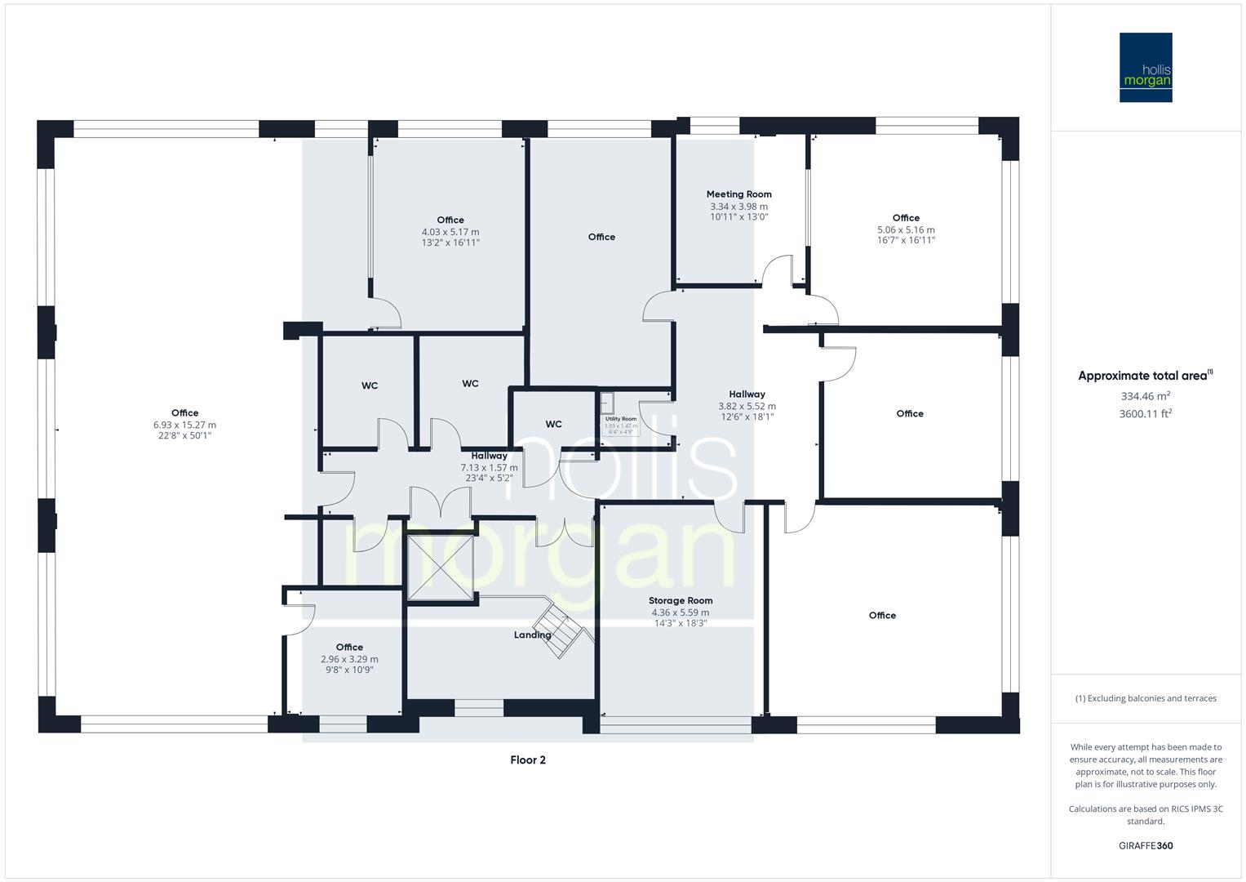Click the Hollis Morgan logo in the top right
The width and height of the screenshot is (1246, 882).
point(1146,67)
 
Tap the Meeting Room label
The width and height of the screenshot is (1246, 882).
point(738,194)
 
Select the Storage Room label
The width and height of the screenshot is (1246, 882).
point(681,600)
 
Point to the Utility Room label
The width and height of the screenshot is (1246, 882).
point(620,419)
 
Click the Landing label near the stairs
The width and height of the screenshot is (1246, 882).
point(531,635)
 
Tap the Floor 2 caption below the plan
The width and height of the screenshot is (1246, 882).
point(528,759)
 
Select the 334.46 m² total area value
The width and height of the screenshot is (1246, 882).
point(1146,396)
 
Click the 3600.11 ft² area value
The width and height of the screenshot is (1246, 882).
point(1146,413)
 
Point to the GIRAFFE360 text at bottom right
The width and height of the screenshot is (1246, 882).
point(1146,845)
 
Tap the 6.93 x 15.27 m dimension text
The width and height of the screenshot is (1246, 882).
point(184,425)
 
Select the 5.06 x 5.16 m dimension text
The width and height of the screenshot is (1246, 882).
point(906,229)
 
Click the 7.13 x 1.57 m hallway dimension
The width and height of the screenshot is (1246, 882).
point(489,468)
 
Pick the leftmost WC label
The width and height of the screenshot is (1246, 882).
point(370,385)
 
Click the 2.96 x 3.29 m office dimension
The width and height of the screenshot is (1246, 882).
point(349,659)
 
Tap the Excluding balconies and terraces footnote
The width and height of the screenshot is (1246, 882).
point(1146,698)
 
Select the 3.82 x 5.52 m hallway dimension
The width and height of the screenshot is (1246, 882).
point(747,406)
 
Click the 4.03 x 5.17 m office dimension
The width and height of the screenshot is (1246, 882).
point(450,232)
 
